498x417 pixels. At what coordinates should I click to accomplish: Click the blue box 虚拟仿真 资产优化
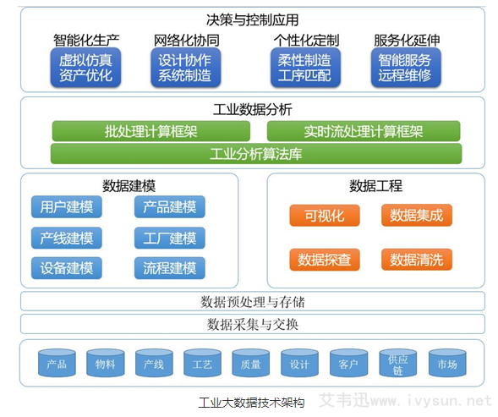pyautogui.click(x=85, y=68)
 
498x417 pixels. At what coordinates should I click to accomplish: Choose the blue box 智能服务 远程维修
pyautogui.click(x=404, y=68)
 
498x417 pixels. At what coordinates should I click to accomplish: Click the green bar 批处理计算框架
pyautogui.click(x=151, y=131)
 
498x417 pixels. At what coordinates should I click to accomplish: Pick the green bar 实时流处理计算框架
pyautogui.click(x=364, y=131)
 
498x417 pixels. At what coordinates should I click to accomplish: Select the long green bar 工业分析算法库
pyautogui.click(x=256, y=154)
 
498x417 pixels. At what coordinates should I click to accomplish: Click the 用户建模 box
pyautogui.click(x=67, y=207)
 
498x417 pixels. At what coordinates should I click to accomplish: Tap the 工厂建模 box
pyautogui.click(x=169, y=238)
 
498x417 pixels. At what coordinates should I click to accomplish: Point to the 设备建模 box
pyautogui.click(x=67, y=268)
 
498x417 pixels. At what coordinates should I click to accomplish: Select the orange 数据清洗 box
pyautogui.click(x=416, y=259)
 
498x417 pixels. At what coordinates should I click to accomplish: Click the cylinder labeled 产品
pyautogui.click(x=57, y=363)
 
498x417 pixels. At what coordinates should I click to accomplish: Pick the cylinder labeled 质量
pyautogui.click(x=251, y=363)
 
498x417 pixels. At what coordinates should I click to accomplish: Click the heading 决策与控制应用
pyautogui.click(x=252, y=19)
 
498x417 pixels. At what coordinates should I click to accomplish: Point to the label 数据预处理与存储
pyautogui.click(x=252, y=301)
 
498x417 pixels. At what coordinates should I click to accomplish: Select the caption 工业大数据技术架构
pyautogui.click(x=251, y=403)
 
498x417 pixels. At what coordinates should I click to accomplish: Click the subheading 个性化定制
pyautogui.click(x=305, y=40)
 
